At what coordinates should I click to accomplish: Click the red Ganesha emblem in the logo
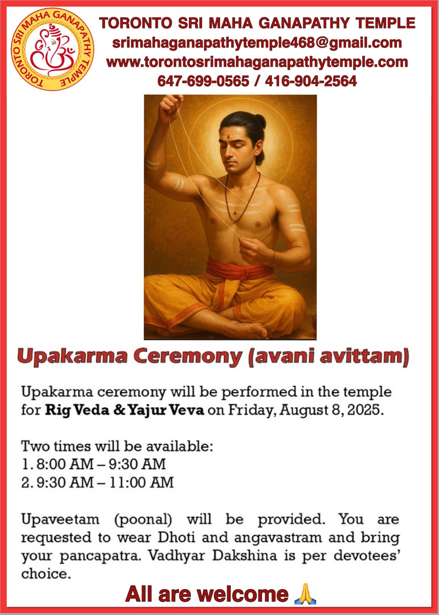(52, 50)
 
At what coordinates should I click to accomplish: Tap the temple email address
(257, 43)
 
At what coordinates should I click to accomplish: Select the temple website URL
(257, 62)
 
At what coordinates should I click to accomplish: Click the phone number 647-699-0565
(203, 81)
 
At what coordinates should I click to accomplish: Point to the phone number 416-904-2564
(311, 81)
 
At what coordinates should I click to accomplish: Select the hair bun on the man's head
(259, 121)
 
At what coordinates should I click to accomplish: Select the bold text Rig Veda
(77, 410)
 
